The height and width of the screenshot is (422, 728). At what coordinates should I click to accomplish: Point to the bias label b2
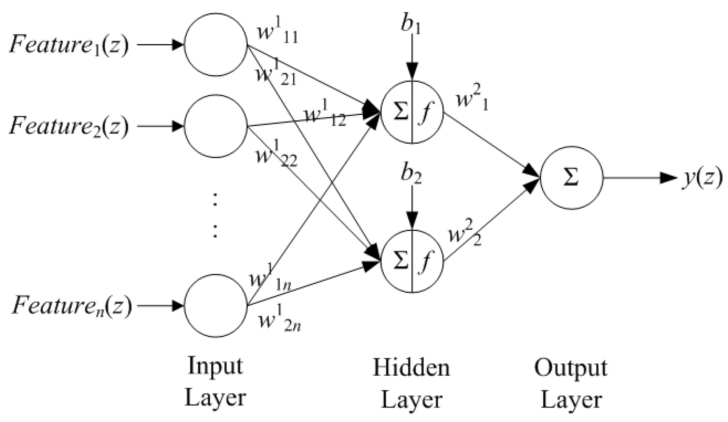(411, 175)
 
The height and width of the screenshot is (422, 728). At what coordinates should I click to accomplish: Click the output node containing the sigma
(571, 178)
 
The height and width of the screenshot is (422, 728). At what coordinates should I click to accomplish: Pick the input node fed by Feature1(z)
(216, 44)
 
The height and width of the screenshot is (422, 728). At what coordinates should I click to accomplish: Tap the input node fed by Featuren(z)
(216, 305)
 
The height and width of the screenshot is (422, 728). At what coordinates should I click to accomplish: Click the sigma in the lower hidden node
(400, 261)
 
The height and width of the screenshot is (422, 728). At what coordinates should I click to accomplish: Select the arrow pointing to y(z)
(640, 178)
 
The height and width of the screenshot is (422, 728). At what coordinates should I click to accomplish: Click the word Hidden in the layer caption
(411, 368)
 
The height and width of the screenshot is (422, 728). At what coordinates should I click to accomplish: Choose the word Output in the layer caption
(571, 368)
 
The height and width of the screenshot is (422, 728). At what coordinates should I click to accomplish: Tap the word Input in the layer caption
(215, 366)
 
